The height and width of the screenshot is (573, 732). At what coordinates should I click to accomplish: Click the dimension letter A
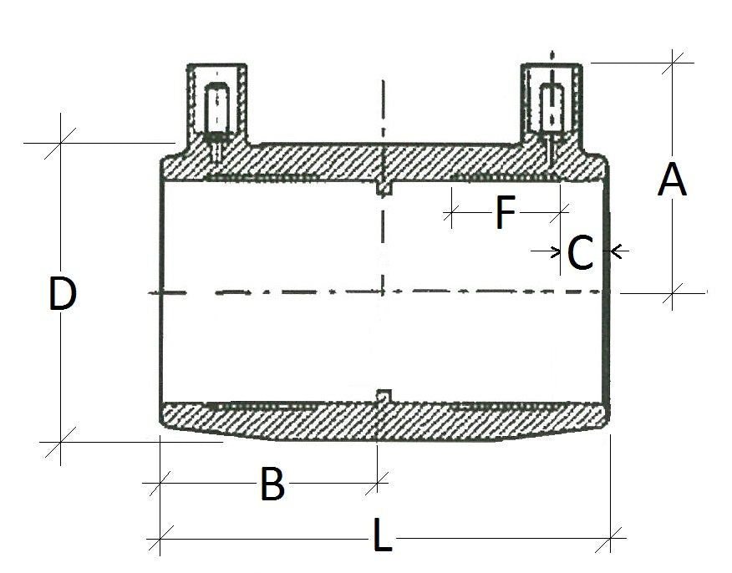(x=672, y=180)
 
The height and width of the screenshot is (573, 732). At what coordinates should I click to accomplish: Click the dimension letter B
(x=272, y=484)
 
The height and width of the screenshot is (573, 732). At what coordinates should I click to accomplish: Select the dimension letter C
(x=580, y=253)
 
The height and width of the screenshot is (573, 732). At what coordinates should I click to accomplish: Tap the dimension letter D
(x=63, y=295)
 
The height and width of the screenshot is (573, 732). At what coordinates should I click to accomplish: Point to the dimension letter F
(x=505, y=213)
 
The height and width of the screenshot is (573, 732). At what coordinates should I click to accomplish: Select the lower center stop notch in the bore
(x=384, y=395)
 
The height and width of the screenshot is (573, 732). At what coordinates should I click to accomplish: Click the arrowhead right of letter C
(x=616, y=249)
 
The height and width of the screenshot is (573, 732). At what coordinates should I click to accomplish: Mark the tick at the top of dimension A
(x=674, y=61)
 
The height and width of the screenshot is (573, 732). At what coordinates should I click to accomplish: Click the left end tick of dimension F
(x=450, y=214)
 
